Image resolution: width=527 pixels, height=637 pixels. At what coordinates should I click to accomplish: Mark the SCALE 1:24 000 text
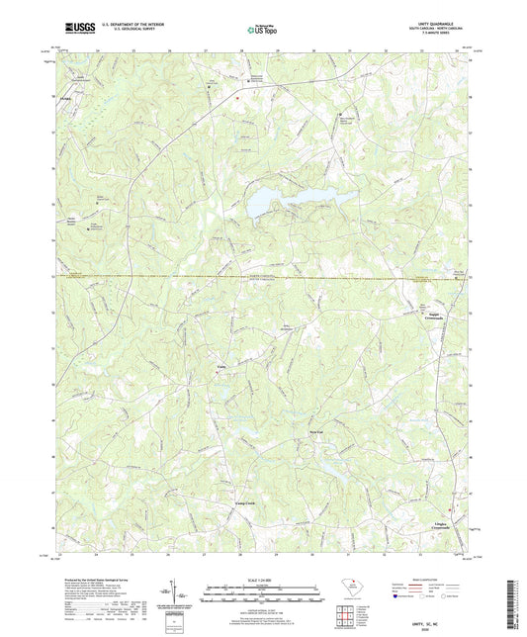[x=263, y=579]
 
